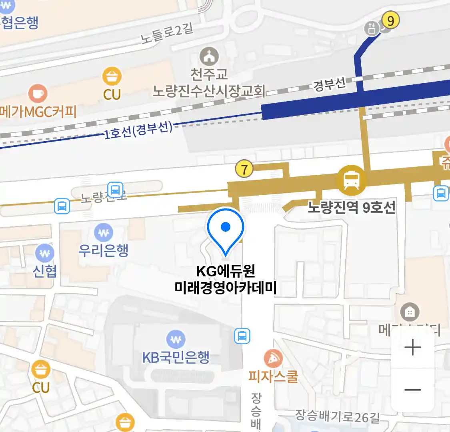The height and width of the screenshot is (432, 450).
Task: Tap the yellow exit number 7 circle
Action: pyautogui.click(x=244, y=169)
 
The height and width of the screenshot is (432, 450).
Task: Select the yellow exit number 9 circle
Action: pyautogui.click(x=390, y=20)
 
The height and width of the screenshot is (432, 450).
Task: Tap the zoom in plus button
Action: pyautogui.click(x=412, y=347)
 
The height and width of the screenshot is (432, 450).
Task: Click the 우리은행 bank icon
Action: pyautogui.click(x=104, y=232)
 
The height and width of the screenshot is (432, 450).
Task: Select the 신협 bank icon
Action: pyautogui.click(x=44, y=253)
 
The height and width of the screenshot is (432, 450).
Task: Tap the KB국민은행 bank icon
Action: pyautogui.click(x=176, y=340)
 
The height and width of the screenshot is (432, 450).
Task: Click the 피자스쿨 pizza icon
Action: pyautogui.click(x=273, y=359)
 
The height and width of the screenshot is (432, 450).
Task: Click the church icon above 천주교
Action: pyautogui.click(x=209, y=57)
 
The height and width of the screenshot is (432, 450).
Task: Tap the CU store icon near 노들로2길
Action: pyautogui.click(x=112, y=76)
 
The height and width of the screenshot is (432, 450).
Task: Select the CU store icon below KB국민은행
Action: pyautogui.click(x=41, y=370)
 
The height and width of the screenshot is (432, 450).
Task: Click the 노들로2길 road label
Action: pyautogui.click(x=167, y=34)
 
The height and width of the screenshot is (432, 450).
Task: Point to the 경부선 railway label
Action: pyautogui.click(x=329, y=84)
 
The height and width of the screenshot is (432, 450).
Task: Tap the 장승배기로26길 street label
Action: pyautogui.click(x=337, y=416)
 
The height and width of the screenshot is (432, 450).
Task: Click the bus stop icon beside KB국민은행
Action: pyautogui.click(x=242, y=336)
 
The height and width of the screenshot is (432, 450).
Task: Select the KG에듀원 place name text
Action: pyautogui.click(x=226, y=271)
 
